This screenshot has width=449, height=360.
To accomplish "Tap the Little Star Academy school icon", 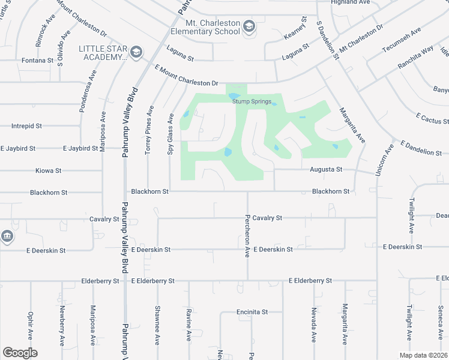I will [x=136, y=52].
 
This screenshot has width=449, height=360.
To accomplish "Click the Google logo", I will [x=20, y=353].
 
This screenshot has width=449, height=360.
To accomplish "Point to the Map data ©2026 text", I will [x=423, y=355].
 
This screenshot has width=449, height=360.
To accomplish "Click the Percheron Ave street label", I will [x=246, y=236].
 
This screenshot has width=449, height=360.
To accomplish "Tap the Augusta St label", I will [x=326, y=170].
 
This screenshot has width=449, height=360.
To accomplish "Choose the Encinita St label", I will [x=252, y=312].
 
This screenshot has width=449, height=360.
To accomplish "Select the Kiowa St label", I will [x=49, y=170].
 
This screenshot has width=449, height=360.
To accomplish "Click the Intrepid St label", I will [x=26, y=126].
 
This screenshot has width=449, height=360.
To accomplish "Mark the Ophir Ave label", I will [x=30, y=325].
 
